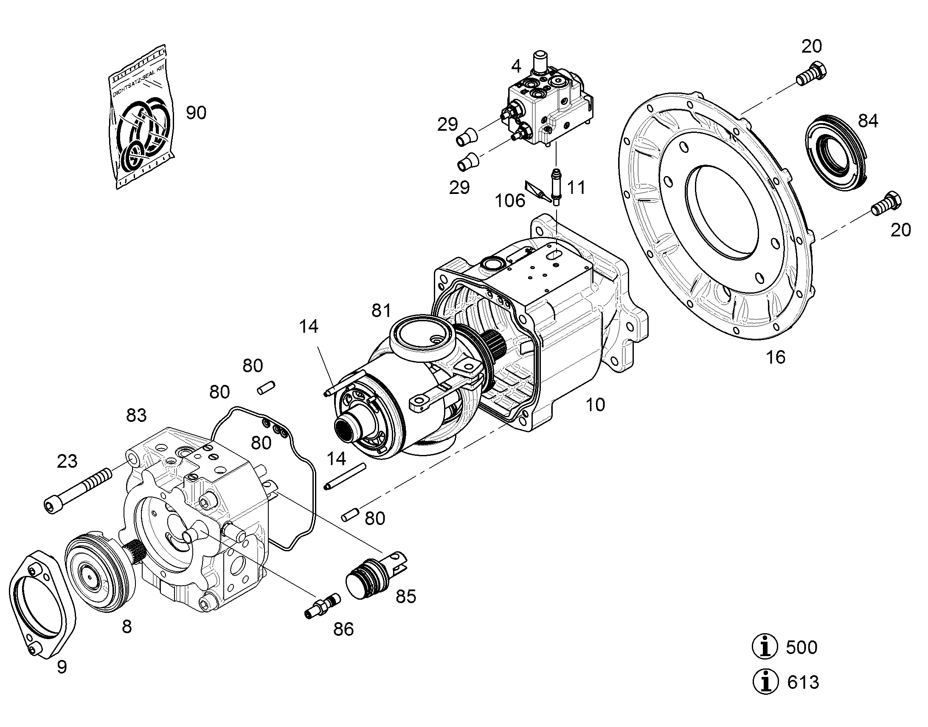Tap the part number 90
point(196,113)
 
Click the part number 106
point(510,200)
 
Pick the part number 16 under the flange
point(775,357)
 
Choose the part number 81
point(381,311)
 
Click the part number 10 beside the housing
point(595,405)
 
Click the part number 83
point(136,415)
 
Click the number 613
point(803,682)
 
